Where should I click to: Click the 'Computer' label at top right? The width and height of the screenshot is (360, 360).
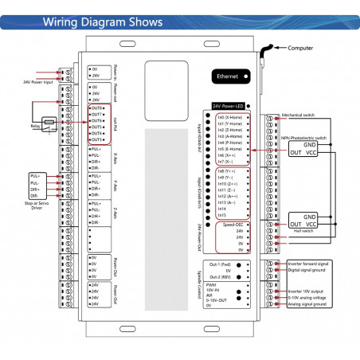(x=299, y=49)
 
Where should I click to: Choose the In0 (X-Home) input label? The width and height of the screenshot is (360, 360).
(x=232, y=116)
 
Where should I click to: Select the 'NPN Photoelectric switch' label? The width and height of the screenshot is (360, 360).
(x=304, y=138)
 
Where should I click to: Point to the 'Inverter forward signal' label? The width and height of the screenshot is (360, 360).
(x=308, y=263)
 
